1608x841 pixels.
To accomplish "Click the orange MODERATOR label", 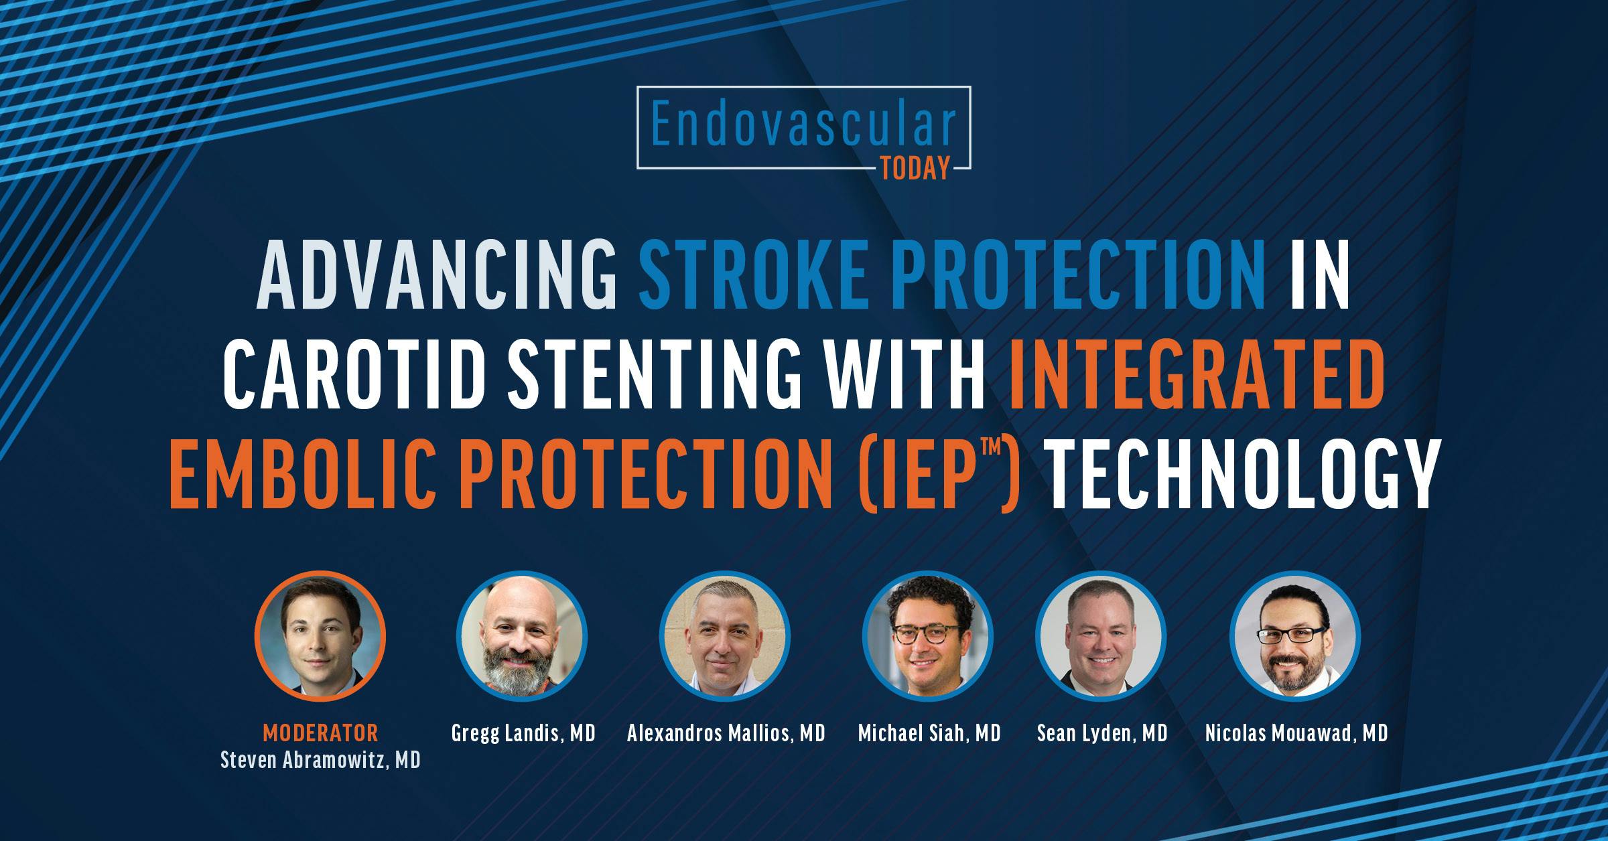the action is point(320,733).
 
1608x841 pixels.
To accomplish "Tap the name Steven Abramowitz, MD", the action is point(320,761).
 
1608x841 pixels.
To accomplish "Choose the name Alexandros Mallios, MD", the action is point(726,734).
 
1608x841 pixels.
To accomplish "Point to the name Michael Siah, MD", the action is point(929,734).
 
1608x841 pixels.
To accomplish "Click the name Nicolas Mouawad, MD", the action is point(1296,734).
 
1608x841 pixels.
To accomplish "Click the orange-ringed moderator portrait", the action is point(320,636).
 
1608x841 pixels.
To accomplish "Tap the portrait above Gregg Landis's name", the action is point(522,636).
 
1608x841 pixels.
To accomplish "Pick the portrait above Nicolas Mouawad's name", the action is point(1296,636).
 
